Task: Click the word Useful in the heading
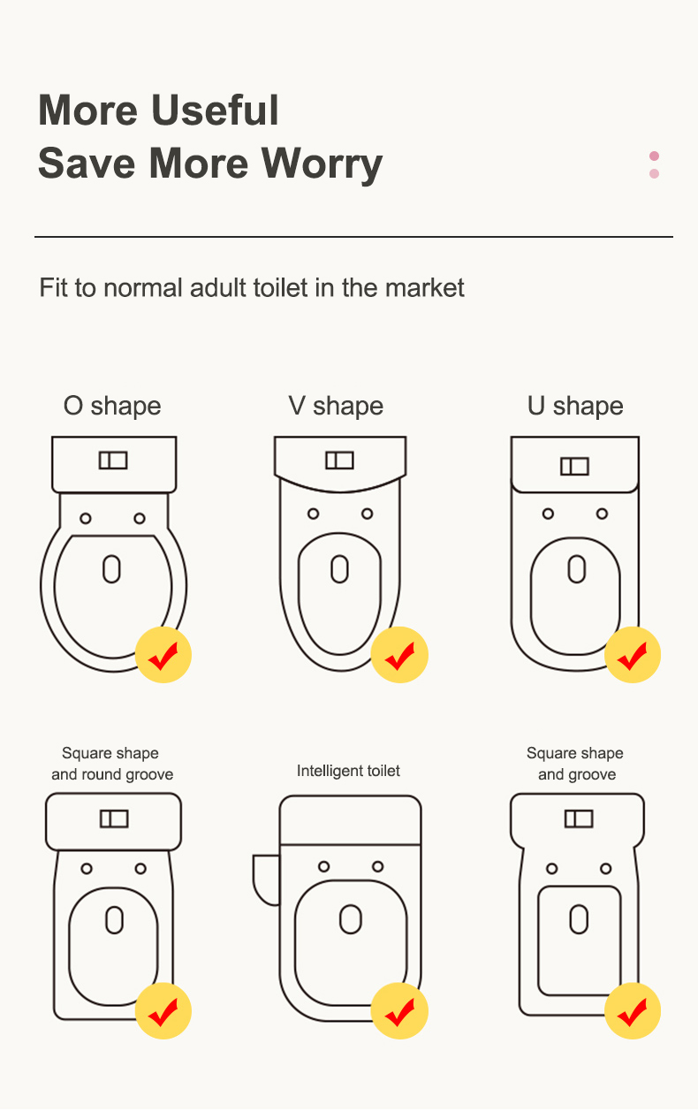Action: [216, 110]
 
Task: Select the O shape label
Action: [112, 406]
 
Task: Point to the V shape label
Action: [336, 406]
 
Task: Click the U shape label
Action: [575, 406]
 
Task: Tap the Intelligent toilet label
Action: [348, 771]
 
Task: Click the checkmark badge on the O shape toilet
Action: [163, 654]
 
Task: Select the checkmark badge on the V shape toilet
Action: [399, 654]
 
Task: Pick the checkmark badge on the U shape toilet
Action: [633, 654]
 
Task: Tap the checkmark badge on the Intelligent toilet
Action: [399, 1011]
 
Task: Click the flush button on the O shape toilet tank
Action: [113, 461]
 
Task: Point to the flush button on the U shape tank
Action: [574, 467]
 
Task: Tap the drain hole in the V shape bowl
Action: [339, 569]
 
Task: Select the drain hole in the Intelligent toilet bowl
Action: [351, 919]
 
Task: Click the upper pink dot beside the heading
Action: [654, 156]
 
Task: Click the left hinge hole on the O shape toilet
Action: [86, 519]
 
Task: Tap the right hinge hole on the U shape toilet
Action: [603, 514]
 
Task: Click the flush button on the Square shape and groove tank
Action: [579, 819]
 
